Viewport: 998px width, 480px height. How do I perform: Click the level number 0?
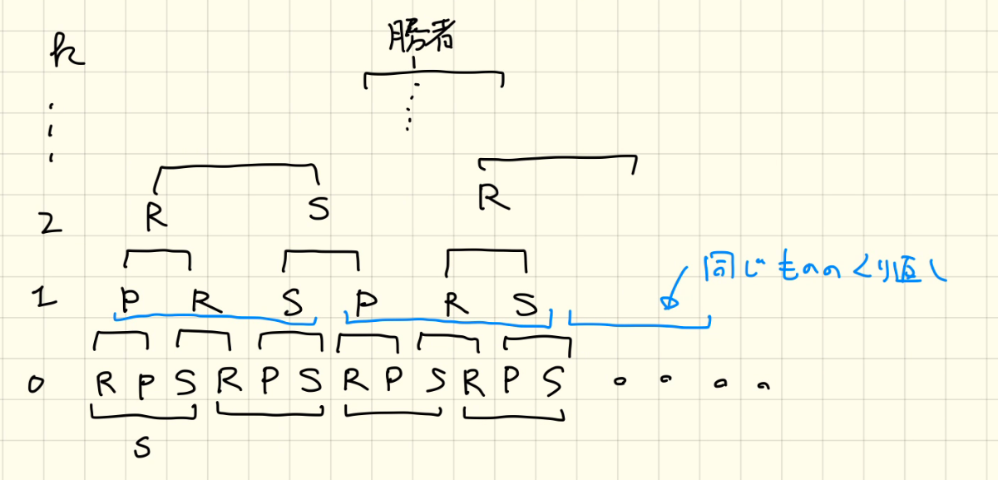36,384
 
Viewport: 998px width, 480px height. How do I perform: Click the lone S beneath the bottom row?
141,448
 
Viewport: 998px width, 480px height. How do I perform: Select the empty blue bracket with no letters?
638,321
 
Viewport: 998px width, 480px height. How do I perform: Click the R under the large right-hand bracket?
493,198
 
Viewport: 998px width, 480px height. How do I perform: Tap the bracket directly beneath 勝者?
432,77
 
